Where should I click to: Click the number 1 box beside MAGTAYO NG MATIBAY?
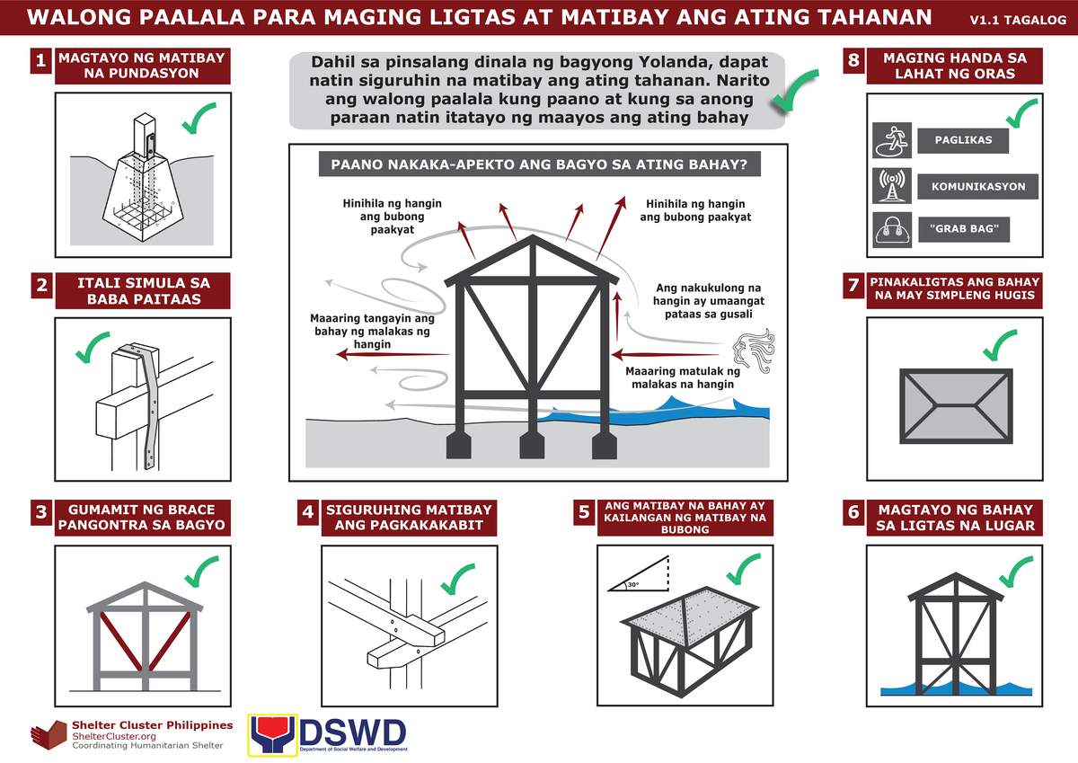(x=40, y=61)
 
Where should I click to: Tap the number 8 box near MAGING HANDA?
(x=853, y=61)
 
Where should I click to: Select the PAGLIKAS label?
(x=963, y=141)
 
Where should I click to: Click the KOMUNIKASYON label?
(x=978, y=187)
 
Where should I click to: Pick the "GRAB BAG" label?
(x=964, y=229)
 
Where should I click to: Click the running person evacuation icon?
(x=892, y=140)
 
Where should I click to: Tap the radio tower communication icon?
(x=892, y=185)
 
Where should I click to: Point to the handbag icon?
(x=892, y=229)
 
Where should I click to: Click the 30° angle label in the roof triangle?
(x=633, y=584)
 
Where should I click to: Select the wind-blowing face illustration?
(x=753, y=351)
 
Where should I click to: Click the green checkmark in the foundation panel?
(x=199, y=118)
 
